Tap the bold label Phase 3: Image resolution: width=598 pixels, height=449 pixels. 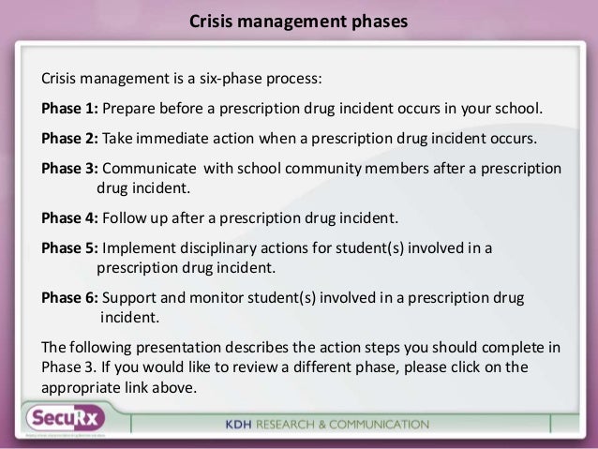[68, 169]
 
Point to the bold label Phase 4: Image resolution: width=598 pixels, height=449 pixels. [68, 220]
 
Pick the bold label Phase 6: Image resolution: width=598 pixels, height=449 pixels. [68, 298]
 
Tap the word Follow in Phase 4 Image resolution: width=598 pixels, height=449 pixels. [124, 220]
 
